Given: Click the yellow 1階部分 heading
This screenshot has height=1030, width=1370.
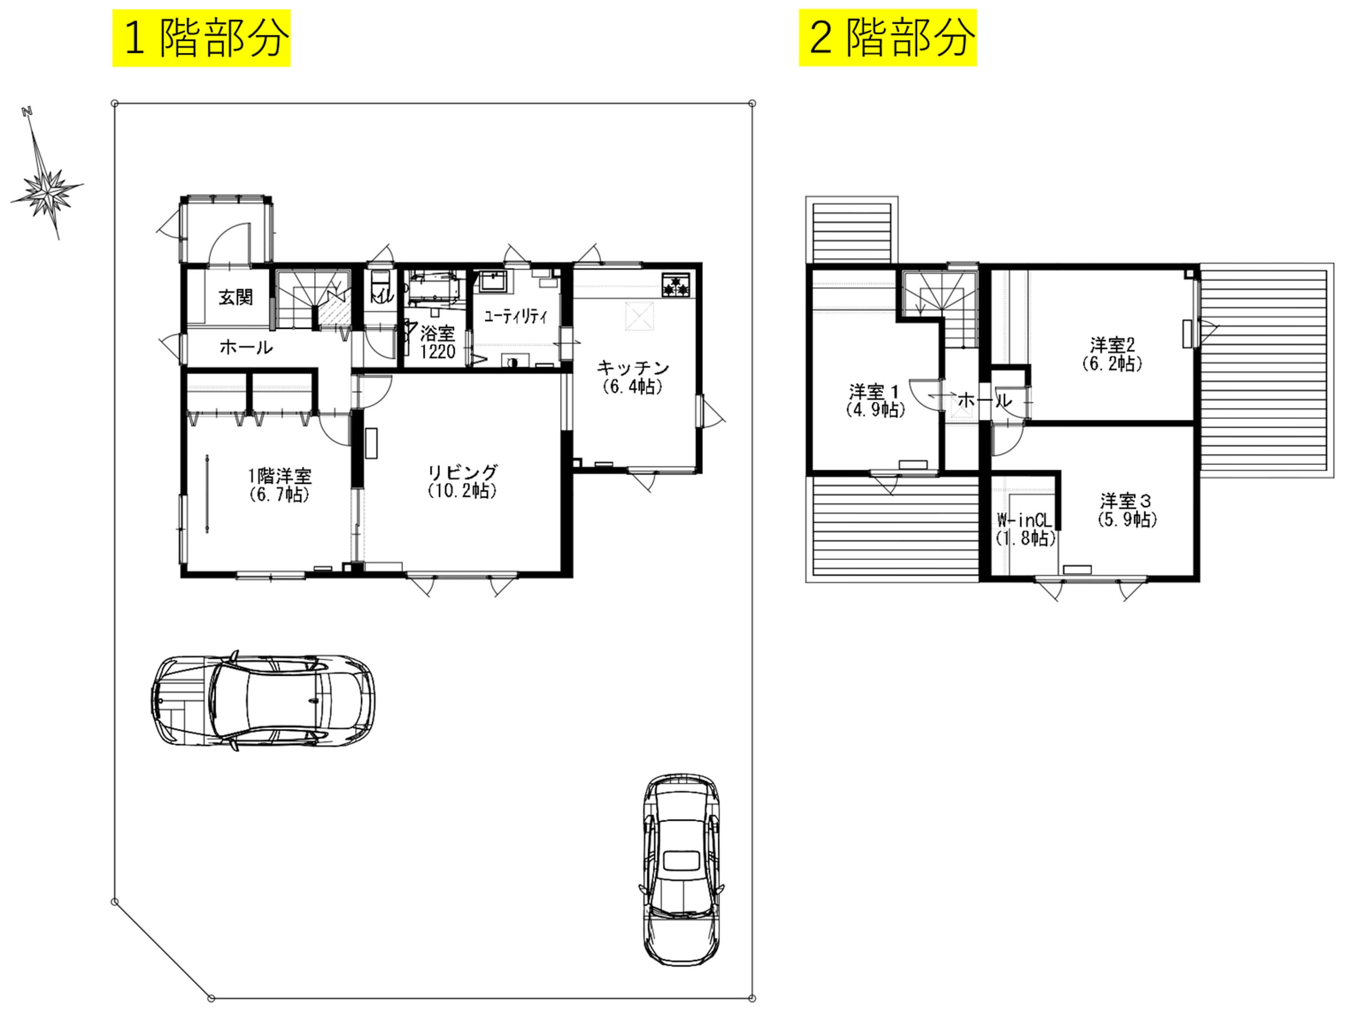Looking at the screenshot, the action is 201,38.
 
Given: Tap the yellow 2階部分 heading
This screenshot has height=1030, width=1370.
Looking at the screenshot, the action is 888,38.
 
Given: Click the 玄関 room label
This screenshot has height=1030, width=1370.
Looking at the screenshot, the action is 236,297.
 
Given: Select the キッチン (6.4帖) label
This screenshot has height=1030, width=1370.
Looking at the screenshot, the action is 632,377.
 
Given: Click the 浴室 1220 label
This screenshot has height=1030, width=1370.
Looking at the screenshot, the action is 437,343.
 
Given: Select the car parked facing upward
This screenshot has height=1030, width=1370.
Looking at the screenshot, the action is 681,869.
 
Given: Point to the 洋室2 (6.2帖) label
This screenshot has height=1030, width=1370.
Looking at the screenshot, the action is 1112,354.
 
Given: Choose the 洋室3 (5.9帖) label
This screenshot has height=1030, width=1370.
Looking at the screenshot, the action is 1127,510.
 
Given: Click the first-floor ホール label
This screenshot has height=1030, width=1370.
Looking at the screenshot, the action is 246,347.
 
